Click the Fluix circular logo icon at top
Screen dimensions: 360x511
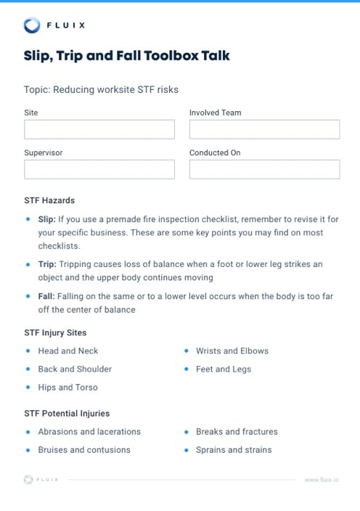pyautogui.click(x=32, y=25)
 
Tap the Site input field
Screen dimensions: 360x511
pyautogui.click(x=99, y=129)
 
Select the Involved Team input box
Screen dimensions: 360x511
pyautogui.click(x=264, y=129)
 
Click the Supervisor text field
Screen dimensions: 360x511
pyautogui.click(x=99, y=169)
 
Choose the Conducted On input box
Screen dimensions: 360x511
pyautogui.click(x=264, y=169)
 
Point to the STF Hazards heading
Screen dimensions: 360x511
pyautogui.click(x=49, y=200)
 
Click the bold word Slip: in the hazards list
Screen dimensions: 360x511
pyautogui.click(x=46, y=218)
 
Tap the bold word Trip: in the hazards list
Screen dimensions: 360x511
pyautogui.click(x=46, y=265)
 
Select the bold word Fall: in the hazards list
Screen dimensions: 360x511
pyautogui.click(x=46, y=297)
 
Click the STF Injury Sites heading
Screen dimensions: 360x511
pyautogui.click(x=55, y=332)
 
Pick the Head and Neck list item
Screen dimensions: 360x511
pyautogui.click(x=67, y=351)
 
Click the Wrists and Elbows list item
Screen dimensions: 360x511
pyautogui.click(x=232, y=351)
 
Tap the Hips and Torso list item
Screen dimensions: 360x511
pyautogui.click(x=67, y=387)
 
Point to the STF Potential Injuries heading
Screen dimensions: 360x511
pyautogui.click(x=67, y=413)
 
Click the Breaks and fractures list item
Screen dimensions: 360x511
pyautogui.click(x=237, y=431)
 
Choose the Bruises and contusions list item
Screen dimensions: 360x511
pyautogui.click(x=84, y=450)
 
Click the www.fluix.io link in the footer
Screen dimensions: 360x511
pyautogui.click(x=322, y=480)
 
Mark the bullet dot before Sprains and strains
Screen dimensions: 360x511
pyautogui.click(x=187, y=450)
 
